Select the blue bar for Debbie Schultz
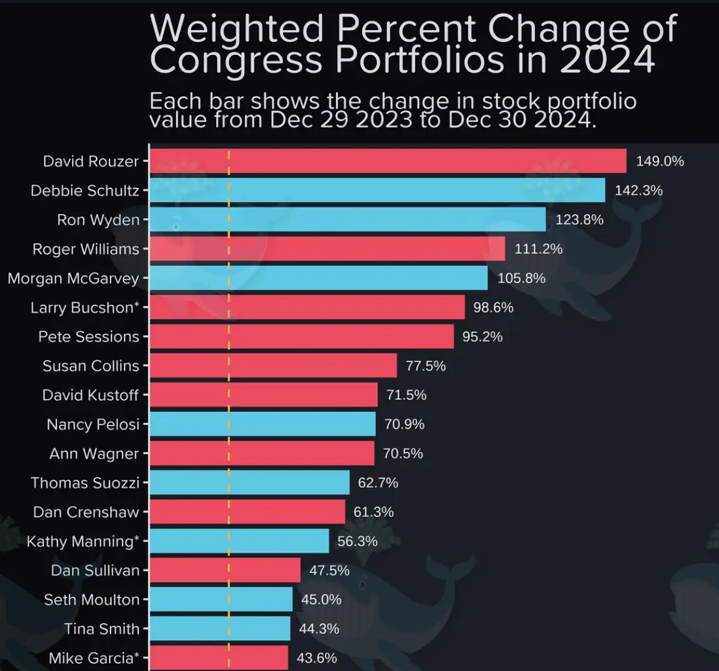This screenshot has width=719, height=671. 377,190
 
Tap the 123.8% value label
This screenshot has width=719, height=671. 579,220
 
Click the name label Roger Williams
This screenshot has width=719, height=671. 86,249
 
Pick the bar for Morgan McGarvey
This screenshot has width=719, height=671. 318,278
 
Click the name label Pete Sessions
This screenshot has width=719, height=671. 88,336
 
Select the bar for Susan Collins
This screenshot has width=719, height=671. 273,366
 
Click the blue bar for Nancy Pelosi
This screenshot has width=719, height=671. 263,424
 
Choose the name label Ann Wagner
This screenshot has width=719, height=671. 94,453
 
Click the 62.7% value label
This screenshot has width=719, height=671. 378,483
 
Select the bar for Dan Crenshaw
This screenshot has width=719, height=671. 247,512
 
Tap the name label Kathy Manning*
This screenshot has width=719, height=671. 83,541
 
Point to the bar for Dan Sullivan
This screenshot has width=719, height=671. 225,570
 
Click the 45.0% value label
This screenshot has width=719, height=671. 321,600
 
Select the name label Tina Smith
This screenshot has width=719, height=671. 101,629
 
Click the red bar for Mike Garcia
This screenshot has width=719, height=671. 219,657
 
